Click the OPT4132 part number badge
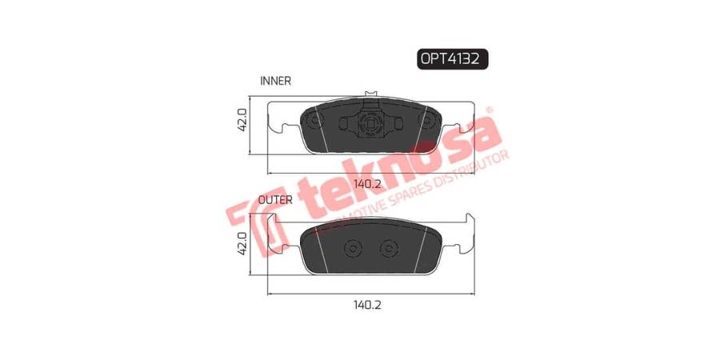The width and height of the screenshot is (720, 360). click(452, 58)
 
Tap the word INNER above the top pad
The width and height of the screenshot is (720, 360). click(275, 81)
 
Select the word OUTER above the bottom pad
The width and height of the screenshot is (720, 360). click(275, 200)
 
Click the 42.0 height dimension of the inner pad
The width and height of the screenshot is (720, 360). click(242, 120)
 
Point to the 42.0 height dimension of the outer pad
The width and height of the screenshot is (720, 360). click(242, 243)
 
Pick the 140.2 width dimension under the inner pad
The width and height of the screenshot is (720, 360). click(367, 185)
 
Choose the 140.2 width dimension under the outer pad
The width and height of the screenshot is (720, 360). click(367, 305)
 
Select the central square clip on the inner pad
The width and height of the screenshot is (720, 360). click(370, 123)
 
